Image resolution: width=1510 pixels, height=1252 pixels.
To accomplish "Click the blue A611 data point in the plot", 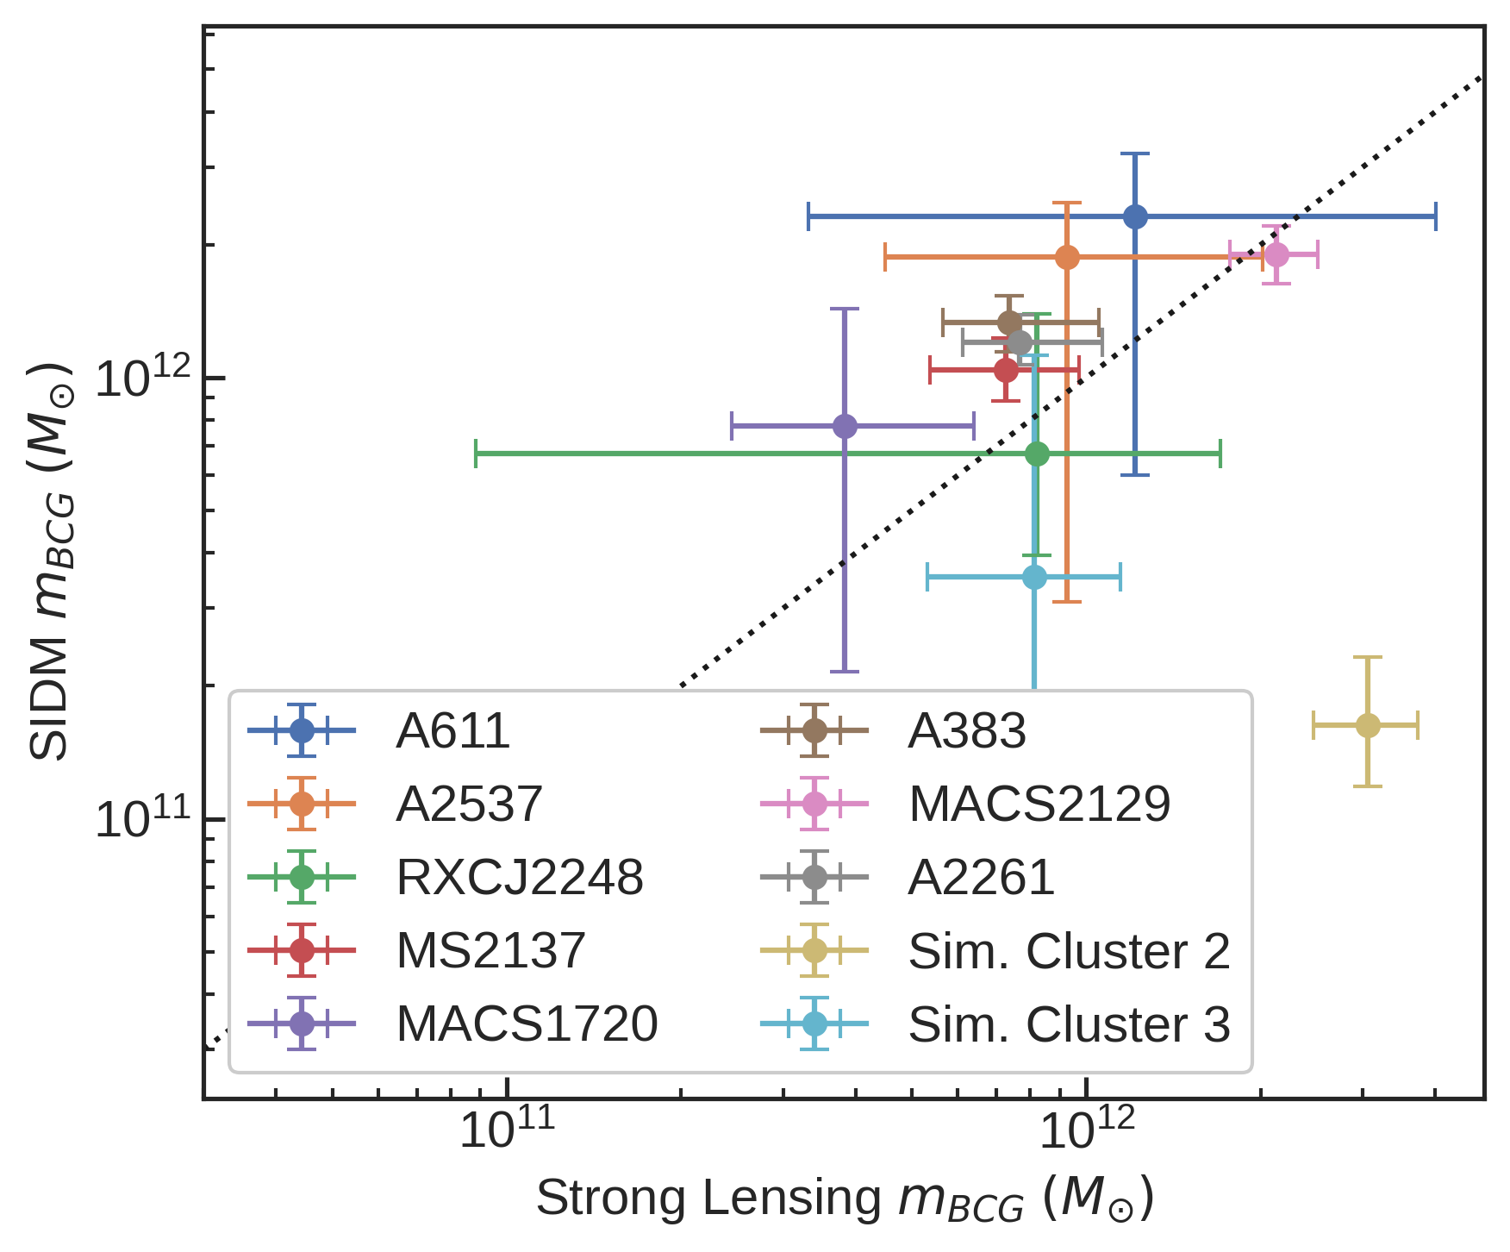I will coord(1135,216).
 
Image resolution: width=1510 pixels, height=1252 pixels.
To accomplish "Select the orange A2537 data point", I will coord(1067,257).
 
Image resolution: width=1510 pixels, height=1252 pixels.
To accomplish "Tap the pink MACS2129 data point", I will coord(1276,255).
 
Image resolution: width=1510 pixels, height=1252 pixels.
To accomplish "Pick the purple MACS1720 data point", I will coord(845,426).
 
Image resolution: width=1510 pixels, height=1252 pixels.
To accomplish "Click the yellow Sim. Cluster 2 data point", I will coord(1368,726).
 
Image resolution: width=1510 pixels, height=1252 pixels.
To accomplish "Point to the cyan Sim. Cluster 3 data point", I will coord(1034,577).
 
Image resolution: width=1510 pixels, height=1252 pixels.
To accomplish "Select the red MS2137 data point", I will coord(1006,370).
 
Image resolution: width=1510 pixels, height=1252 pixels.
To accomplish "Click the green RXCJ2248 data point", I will coord(1037,454).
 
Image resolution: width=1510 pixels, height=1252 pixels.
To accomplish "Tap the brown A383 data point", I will coord(1009,322).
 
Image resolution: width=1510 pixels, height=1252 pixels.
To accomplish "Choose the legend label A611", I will coord(453,731).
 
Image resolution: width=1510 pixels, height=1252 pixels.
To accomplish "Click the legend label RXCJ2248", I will coord(520,878).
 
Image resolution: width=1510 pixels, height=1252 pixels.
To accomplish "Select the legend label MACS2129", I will coord(1039,804).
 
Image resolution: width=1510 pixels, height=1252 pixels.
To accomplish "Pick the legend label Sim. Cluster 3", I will coord(1069,1024).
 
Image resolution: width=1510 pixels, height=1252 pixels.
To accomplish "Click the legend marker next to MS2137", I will coord(302,950).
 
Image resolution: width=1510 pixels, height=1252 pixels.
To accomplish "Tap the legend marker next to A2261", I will coord(814,877).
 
